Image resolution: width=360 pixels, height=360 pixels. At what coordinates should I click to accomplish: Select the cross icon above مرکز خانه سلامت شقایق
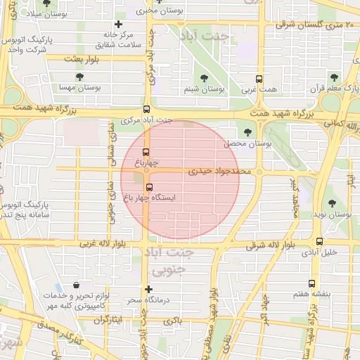(118, 24)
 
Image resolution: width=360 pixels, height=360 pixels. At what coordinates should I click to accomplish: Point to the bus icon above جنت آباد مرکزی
(146, 109)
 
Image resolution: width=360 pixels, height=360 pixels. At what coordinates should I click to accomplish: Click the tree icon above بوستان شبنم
(204, 79)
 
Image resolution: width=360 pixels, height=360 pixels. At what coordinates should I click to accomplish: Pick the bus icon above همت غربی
(259, 79)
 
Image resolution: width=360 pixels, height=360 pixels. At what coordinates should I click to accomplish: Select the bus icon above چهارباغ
(146, 152)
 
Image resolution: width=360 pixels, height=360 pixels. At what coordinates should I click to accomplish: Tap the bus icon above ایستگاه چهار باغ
(148, 187)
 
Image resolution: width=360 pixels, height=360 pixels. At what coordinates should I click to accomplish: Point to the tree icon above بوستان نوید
(332, 203)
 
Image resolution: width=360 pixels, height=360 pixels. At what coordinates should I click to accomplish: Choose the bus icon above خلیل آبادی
(320, 241)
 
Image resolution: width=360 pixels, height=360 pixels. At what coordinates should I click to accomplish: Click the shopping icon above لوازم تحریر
(76, 285)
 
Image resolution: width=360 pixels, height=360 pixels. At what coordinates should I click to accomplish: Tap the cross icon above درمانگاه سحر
(148, 289)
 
